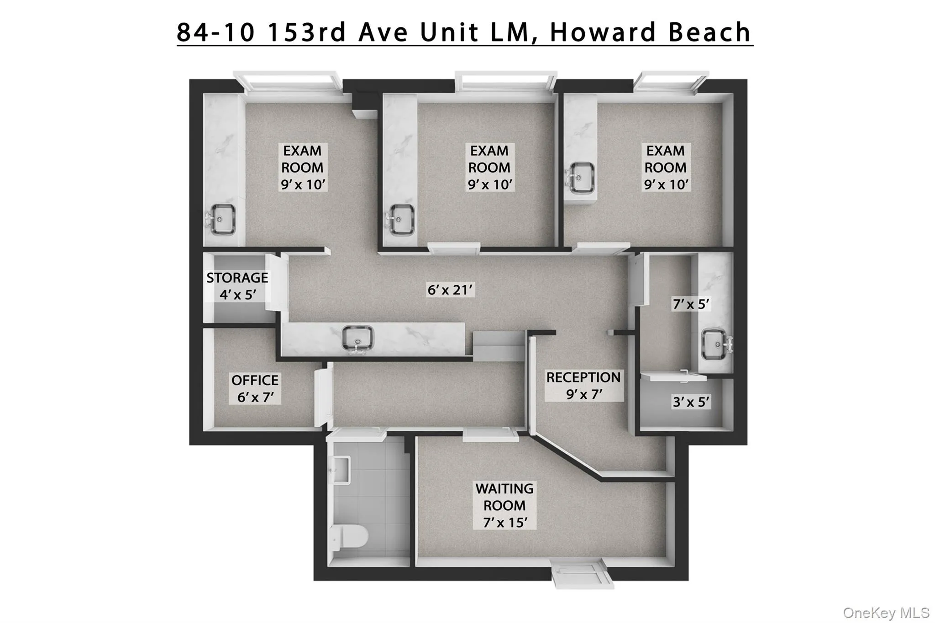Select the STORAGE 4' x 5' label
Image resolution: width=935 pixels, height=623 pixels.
237,286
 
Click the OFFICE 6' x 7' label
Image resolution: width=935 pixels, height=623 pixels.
255,388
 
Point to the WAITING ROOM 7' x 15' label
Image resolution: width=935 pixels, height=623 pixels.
504,505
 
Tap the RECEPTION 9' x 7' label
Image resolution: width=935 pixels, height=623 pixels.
583,386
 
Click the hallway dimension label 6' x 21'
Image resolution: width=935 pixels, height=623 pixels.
450,289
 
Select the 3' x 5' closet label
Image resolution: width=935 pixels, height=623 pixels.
691,402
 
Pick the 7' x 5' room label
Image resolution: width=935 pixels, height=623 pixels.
691,304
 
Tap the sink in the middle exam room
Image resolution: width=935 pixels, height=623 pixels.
401,220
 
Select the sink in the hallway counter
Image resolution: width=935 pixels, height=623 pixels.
357,339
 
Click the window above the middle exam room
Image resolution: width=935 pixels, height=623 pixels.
506,81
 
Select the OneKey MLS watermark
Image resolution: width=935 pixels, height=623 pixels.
886,613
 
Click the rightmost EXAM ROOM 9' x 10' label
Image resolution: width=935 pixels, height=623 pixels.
665,168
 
